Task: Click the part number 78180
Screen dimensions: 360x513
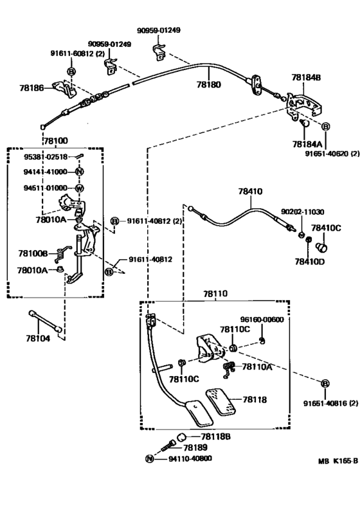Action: tap(209, 85)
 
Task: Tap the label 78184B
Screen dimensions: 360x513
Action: tap(306, 78)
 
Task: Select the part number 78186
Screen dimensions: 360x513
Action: tap(32, 87)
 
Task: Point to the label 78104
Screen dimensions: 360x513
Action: tap(38, 338)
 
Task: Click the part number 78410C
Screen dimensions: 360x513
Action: tap(326, 228)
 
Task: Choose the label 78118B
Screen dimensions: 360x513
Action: tap(215, 437)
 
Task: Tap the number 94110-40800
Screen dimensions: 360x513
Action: tap(190, 459)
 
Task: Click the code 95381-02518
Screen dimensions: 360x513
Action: tap(46, 157)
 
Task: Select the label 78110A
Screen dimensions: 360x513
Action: tap(257, 367)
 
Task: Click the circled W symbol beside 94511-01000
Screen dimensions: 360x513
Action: tap(80, 188)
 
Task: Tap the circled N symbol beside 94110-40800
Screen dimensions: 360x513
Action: tap(149, 459)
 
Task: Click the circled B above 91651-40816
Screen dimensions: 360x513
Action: tap(325, 383)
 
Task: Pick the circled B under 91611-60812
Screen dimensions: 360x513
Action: tap(71, 71)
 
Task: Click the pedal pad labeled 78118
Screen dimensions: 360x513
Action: tap(221, 402)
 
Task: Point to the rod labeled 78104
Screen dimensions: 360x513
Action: tap(46, 321)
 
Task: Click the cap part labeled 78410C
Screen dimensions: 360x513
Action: tap(321, 248)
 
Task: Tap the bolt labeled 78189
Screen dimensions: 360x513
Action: tap(168, 446)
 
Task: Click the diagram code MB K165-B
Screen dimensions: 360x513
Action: tap(337, 461)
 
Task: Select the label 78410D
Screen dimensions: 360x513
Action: tap(310, 262)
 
